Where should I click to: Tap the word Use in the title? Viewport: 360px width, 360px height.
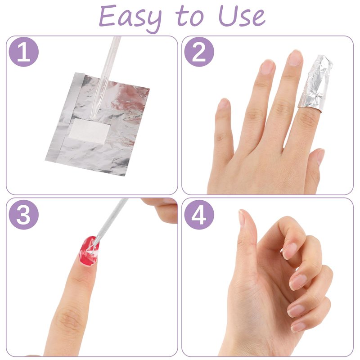click(x=242, y=16)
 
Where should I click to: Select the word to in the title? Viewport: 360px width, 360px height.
click(x=189, y=17)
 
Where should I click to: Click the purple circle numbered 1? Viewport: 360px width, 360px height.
click(x=24, y=52)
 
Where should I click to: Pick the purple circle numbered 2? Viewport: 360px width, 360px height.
click(x=199, y=52)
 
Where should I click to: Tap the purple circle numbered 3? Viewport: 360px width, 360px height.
click(x=24, y=215)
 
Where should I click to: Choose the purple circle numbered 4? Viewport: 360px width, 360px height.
click(x=199, y=215)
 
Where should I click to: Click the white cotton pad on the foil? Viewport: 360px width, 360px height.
click(x=89, y=131)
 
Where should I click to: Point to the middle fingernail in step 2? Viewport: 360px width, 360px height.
click(x=295, y=58)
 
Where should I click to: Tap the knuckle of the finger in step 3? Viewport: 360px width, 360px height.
click(x=69, y=318)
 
